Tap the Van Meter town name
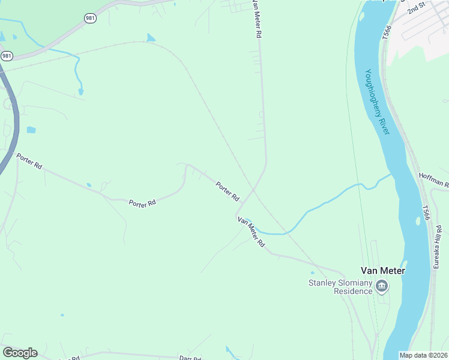point(382,271)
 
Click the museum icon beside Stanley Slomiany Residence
point(382,287)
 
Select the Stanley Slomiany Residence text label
point(340,287)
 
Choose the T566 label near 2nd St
point(387,33)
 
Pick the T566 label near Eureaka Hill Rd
point(426,214)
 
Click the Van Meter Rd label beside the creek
point(251,232)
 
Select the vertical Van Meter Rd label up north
point(257,19)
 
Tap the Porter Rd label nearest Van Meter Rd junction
point(228,191)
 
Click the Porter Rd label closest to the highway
point(29,161)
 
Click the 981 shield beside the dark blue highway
point(7,56)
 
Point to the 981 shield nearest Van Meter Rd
point(89,19)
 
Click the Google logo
point(20,352)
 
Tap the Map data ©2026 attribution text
point(424,355)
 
